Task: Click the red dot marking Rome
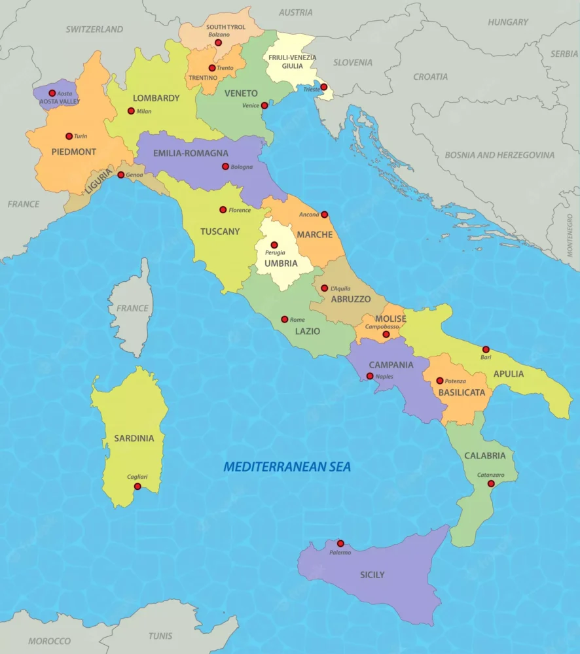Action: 284,319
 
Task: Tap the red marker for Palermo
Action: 340,543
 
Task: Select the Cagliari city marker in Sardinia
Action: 137,487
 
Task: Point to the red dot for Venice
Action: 264,105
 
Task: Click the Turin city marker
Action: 69,136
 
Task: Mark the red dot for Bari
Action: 486,349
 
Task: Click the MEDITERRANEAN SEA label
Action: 287,467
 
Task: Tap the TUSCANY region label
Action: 220,232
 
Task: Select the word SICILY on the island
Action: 372,575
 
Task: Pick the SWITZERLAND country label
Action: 94,29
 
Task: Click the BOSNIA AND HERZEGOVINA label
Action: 499,155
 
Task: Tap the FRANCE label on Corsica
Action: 133,308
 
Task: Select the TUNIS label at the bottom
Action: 160,636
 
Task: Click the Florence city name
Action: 240,210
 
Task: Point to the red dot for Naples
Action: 370,376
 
